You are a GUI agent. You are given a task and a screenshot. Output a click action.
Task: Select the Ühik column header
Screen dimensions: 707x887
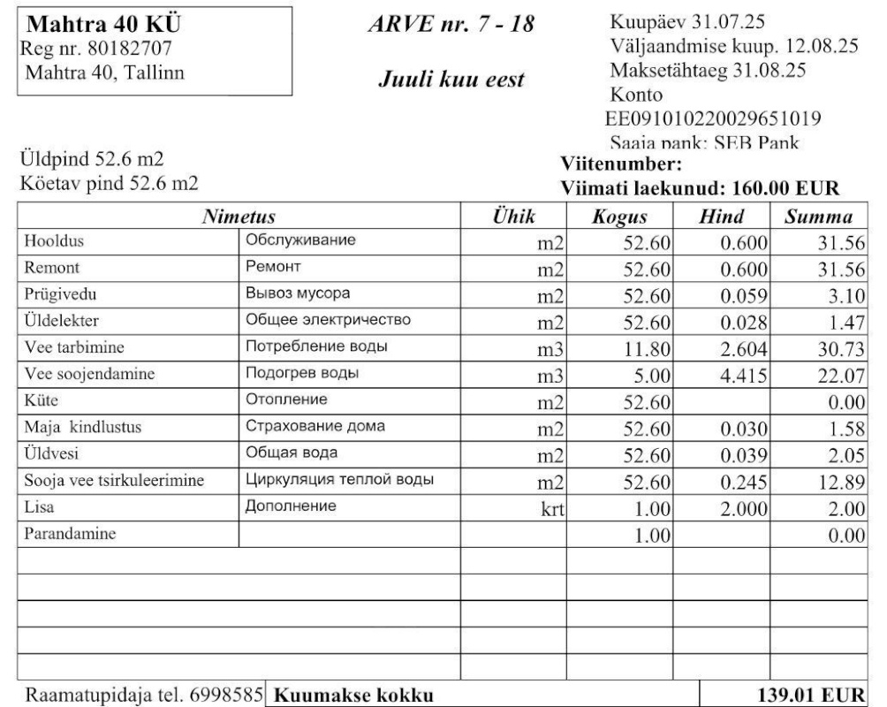tap(515, 217)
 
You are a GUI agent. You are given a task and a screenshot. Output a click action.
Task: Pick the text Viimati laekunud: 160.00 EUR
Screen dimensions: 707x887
tap(699, 187)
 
